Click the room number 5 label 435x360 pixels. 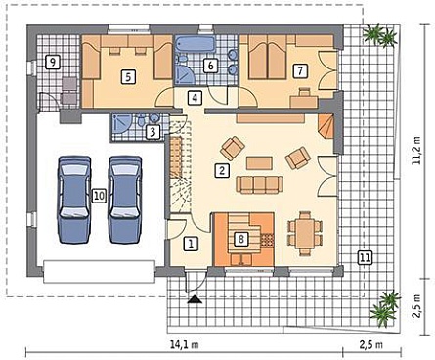tap(128, 77)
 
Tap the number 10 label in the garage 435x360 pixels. tap(99, 196)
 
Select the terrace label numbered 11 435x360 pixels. tap(365, 257)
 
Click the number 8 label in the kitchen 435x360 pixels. tap(241, 239)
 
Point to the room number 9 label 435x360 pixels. tap(53, 62)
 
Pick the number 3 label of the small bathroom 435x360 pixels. tap(152, 132)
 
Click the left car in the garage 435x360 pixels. tap(74, 200)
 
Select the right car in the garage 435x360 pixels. tap(125, 200)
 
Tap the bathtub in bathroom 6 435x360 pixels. tap(196, 44)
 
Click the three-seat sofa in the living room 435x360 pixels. tap(259, 185)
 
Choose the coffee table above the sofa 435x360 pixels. tap(259, 163)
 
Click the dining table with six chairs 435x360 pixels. tap(305, 233)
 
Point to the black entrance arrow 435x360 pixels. tap(195, 299)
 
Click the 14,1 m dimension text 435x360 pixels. tap(185, 344)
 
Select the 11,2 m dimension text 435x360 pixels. tap(416, 150)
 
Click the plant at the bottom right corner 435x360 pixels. tap(385, 308)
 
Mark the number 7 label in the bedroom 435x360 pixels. tap(300, 70)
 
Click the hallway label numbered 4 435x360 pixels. tap(195, 98)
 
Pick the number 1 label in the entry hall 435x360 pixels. tap(191, 244)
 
